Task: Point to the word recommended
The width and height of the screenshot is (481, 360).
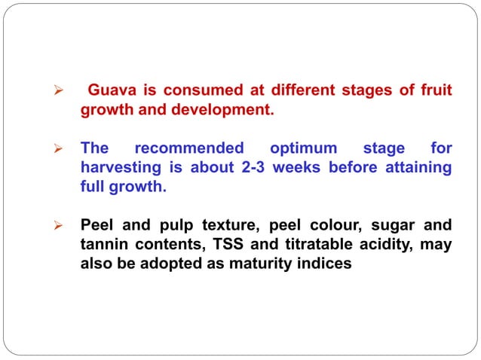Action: [188, 148]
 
